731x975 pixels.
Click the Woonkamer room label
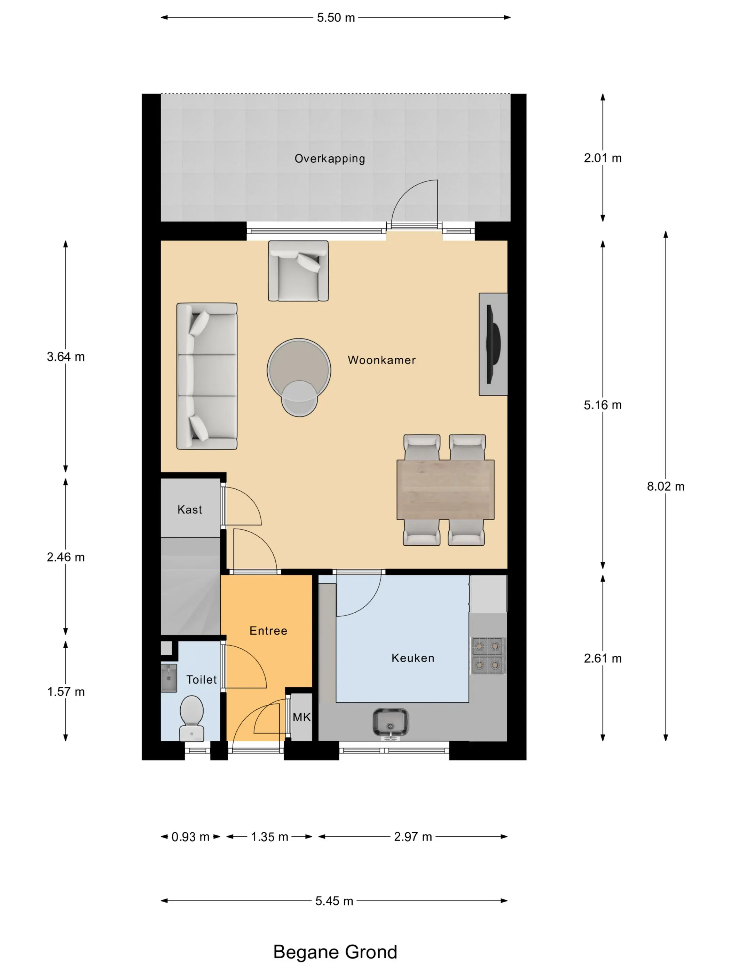click(x=382, y=360)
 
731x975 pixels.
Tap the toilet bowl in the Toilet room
click(x=192, y=718)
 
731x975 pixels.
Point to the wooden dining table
click(x=445, y=490)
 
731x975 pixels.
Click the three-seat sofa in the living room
click(x=207, y=376)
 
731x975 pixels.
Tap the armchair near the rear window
click(x=298, y=271)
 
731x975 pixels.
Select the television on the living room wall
click(x=493, y=344)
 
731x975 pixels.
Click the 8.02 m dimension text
click(x=665, y=486)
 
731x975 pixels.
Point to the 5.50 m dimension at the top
click(x=336, y=18)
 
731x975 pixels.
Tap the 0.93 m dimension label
click(x=190, y=837)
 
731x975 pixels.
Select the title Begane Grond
click(x=335, y=952)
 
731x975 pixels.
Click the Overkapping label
click(x=330, y=159)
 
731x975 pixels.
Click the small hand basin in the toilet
click(x=169, y=678)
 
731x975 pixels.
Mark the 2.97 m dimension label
click(x=413, y=837)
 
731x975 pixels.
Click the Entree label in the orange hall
click(x=268, y=631)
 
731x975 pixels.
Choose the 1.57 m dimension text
click(x=66, y=692)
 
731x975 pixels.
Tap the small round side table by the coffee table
click(x=299, y=398)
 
